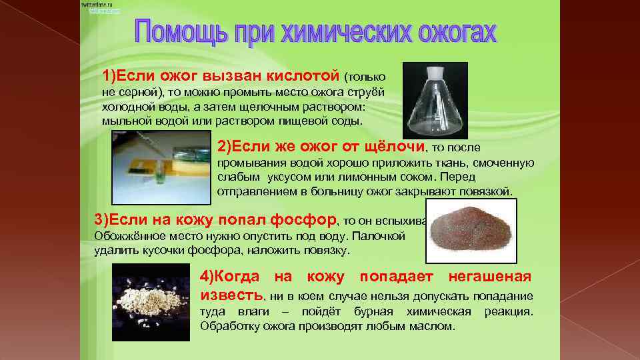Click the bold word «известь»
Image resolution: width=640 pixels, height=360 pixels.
(231, 295)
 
